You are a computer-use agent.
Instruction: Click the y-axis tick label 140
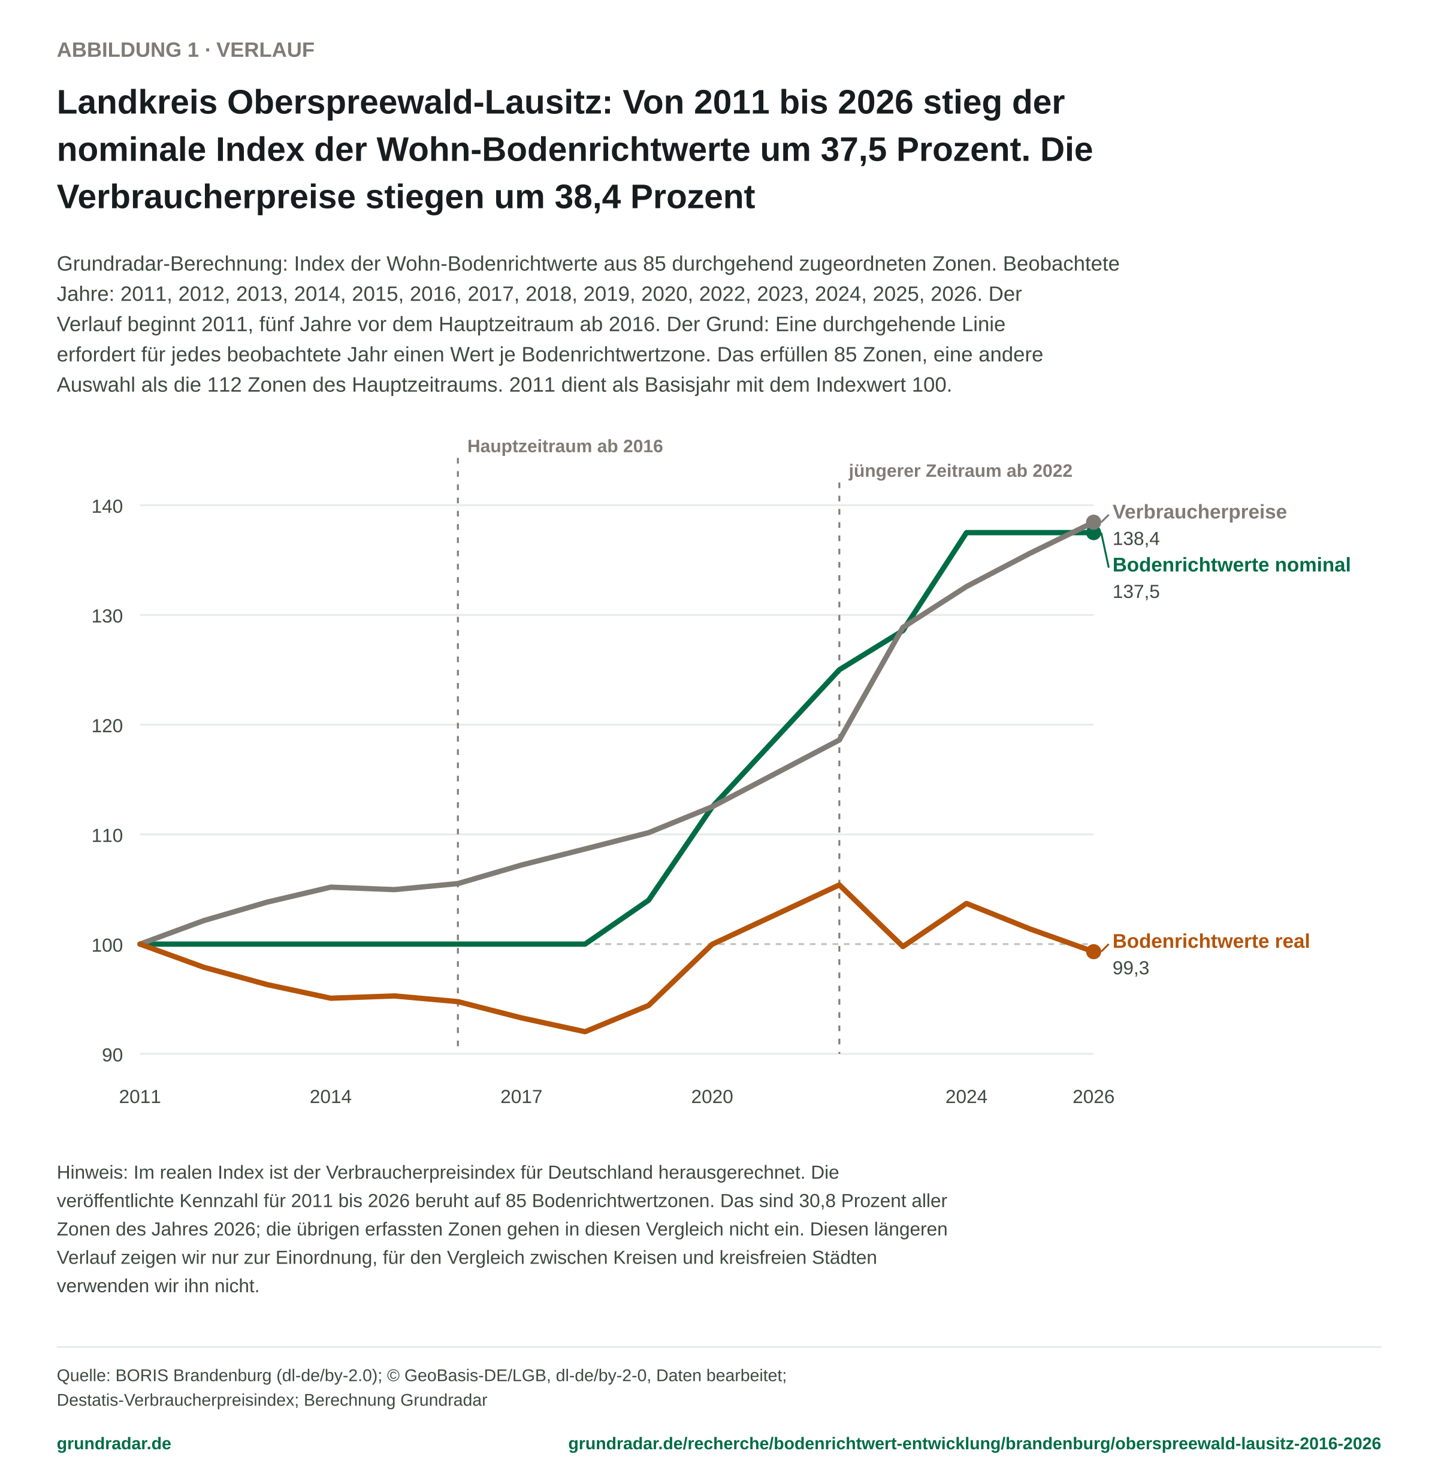pyautogui.click(x=107, y=506)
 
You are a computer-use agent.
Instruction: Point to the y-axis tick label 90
pyautogui.click(x=113, y=1055)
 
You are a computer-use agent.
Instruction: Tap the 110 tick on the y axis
pyautogui.click(x=107, y=835)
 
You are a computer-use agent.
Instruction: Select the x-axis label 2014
pyautogui.click(x=331, y=1096)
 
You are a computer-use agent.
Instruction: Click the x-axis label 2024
pyautogui.click(x=966, y=1096)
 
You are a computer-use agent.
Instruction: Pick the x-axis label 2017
pyautogui.click(x=521, y=1096)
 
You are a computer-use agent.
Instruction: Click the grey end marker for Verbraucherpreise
pyautogui.click(x=1093, y=522)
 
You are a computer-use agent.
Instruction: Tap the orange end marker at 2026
pyautogui.click(x=1093, y=951)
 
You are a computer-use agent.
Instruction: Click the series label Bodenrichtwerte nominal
pyautogui.click(x=1231, y=565)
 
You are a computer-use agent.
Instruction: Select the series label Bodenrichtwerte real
pyautogui.click(x=1211, y=941)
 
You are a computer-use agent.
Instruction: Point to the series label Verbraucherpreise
pyautogui.click(x=1200, y=512)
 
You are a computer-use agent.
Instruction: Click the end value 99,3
pyautogui.click(x=1131, y=968)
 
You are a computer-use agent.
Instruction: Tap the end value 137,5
pyautogui.click(x=1136, y=592)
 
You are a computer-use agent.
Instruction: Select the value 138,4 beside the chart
pyautogui.click(x=1136, y=539)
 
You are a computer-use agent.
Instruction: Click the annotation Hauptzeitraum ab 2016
pyautogui.click(x=565, y=446)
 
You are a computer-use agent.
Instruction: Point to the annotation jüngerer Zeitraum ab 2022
pyautogui.click(x=960, y=471)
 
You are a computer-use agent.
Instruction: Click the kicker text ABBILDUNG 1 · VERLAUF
pyautogui.click(x=186, y=50)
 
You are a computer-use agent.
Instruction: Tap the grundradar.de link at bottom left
pyautogui.click(x=114, y=1443)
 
